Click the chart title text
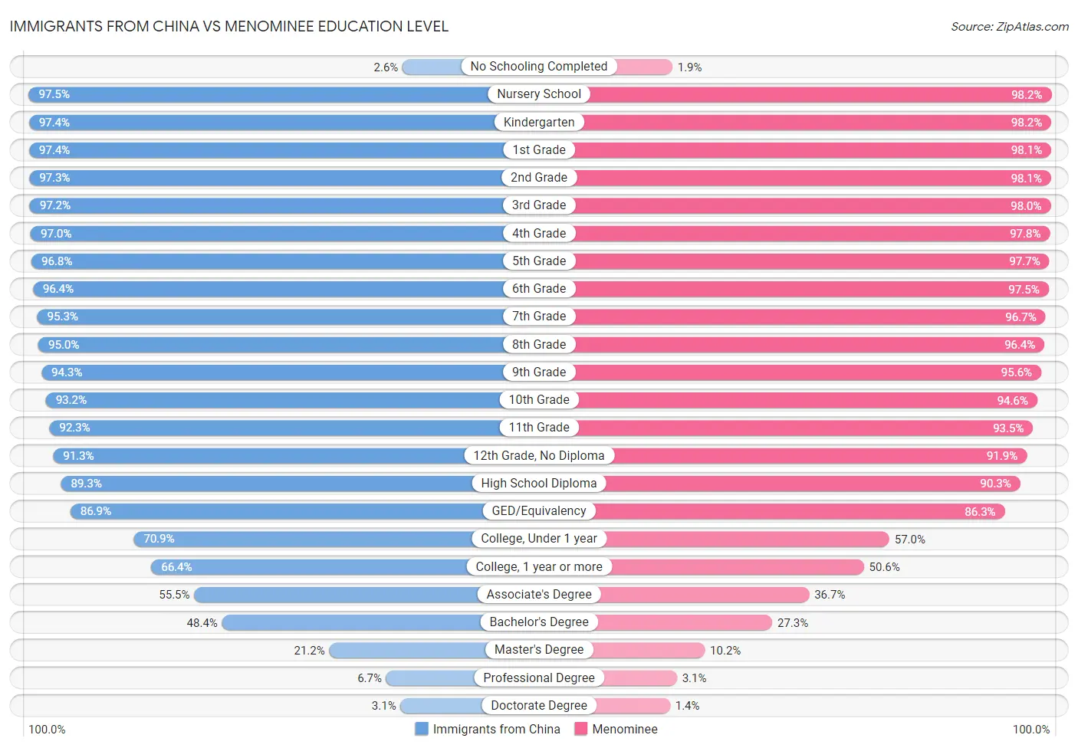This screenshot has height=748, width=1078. tap(228, 26)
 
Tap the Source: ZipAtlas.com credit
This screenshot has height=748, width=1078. tap(1009, 27)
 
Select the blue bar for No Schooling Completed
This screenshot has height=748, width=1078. tap(432, 67)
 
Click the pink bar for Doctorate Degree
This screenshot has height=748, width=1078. tap(632, 706)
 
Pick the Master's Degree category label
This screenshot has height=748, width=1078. tap(539, 650)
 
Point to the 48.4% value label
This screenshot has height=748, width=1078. tap(202, 623)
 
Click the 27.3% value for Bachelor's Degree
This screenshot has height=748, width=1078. tap(793, 623)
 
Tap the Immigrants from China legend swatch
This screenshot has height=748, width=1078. tap(422, 729)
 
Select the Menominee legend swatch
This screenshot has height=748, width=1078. tap(581, 729)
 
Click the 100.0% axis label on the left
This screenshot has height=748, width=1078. tap(47, 730)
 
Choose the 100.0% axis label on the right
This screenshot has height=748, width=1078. tap(1031, 730)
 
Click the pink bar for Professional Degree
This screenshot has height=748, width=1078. tap(641, 678)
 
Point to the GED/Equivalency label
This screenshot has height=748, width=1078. tap(539, 511)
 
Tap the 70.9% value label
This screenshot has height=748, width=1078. tap(159, 539)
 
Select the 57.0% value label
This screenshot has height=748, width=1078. tap(910, 540)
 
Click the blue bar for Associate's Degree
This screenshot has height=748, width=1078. tap(337, 595)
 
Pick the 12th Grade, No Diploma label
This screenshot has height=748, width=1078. tap(539, 456)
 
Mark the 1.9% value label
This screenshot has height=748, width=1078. tap(690, 67)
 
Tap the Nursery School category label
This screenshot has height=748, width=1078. tap(539, 94)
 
